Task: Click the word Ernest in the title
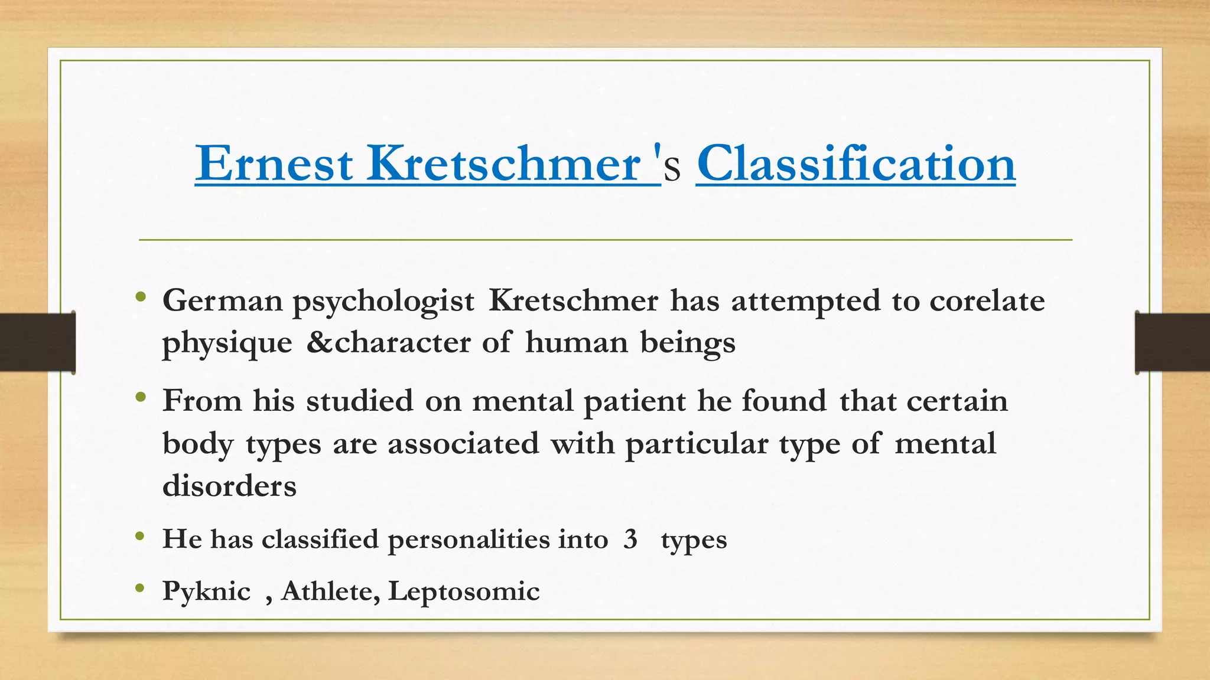pos(274,164)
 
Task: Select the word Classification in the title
pos(856,164)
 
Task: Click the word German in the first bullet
pos(223,300)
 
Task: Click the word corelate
pos(987,300)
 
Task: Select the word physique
pos(227,344)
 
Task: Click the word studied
pos(359,401)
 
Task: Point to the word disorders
pos(229,486)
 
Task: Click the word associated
pos(463,443)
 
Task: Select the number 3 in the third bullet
pos(630,539)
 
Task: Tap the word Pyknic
pos(206,591)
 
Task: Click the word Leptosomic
pos(464,591)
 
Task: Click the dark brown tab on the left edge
pos(37,342)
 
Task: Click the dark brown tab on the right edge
pos(1172,342)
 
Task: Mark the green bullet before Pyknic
pos(140,588)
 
